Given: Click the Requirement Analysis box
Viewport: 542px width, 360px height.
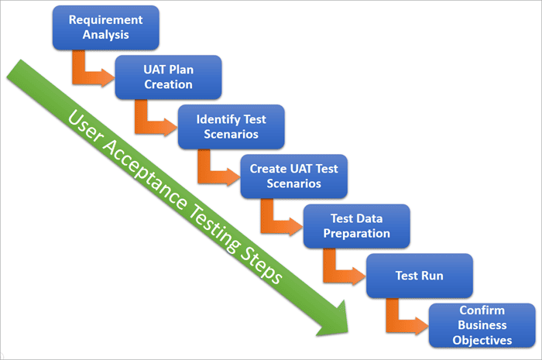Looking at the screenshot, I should [x=106, y=27].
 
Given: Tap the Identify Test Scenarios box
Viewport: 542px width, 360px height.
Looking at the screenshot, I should [x=232, y=128].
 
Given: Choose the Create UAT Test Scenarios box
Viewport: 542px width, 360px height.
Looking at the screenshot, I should [x=293, y=177].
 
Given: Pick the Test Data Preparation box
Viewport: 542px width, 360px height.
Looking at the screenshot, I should [x=356, y=227].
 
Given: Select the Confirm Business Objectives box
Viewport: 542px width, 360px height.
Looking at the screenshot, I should [x=481, y=325].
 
